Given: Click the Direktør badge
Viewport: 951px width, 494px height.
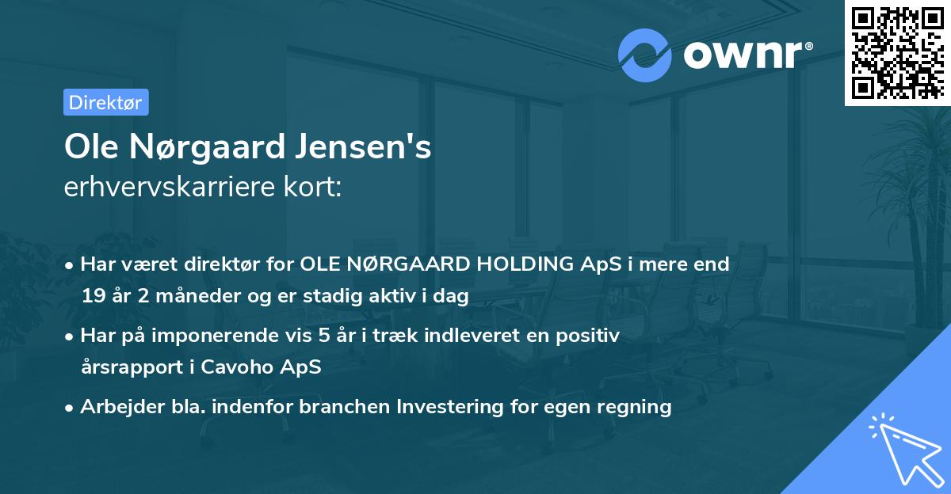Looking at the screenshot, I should (x=105, y=102).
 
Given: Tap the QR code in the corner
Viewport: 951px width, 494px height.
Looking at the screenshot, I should (x=897, y=53).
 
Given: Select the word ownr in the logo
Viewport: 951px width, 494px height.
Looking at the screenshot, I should (x=741, y=55).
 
